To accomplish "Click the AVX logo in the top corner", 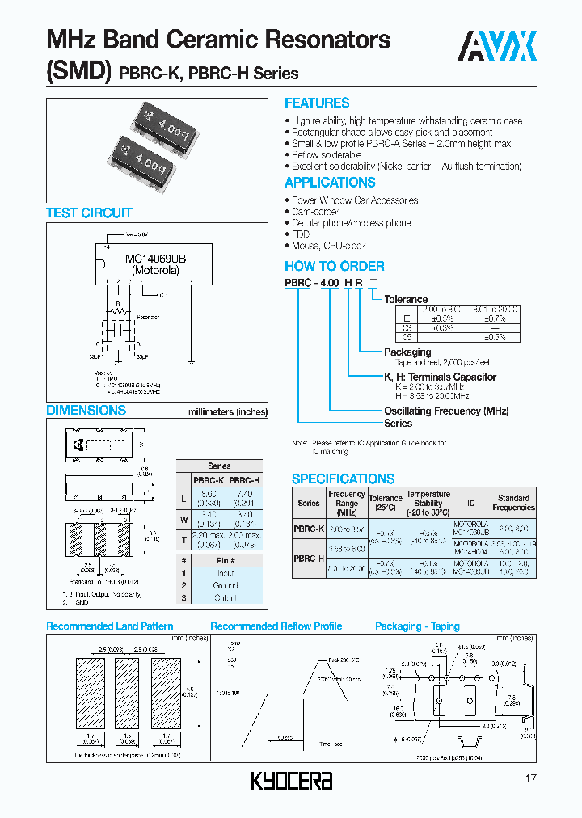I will [499, 46].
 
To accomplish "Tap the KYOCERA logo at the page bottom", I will [291, 780].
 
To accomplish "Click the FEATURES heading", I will [317, 103].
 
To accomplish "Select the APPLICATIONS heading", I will [330, 183].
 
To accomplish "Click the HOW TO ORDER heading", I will [334, 266].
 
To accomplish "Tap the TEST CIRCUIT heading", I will [89, 213].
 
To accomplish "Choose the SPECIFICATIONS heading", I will [343, 479].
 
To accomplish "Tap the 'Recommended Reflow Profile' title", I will [276, 626].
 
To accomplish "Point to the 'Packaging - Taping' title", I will [417, 626].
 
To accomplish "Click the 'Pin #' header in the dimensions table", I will [226, 560].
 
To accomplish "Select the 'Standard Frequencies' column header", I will [513, 503].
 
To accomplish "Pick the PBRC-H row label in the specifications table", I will [308, 557].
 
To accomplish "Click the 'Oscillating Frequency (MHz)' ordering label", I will [446, 411].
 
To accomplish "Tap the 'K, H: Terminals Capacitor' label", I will [440, 377].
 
